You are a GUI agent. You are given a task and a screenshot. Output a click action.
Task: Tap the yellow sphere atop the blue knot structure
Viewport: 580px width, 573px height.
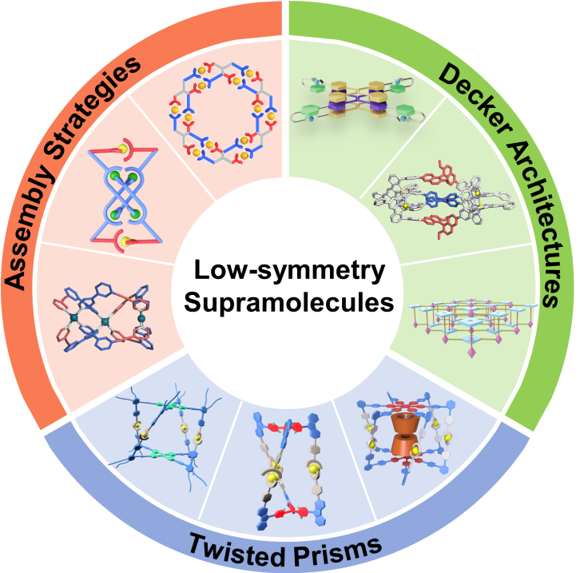pyautogui.click(x=146, y=149)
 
